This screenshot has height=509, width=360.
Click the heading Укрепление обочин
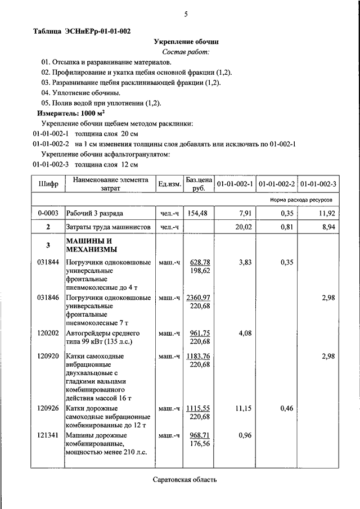tap(186, 42)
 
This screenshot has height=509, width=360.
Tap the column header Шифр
tap(48, 184)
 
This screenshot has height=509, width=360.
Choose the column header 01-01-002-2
tap(276, 184)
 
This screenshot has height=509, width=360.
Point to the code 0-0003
tap(48, 213)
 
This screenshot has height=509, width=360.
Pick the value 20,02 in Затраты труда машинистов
tap(241, 227)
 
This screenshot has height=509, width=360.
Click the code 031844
tap(48, 262)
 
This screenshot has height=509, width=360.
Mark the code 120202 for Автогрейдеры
tap(48, 333)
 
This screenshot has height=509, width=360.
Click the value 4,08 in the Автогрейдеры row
tap(244, 333)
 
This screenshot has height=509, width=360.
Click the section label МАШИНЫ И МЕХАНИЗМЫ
tap(91, 245)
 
